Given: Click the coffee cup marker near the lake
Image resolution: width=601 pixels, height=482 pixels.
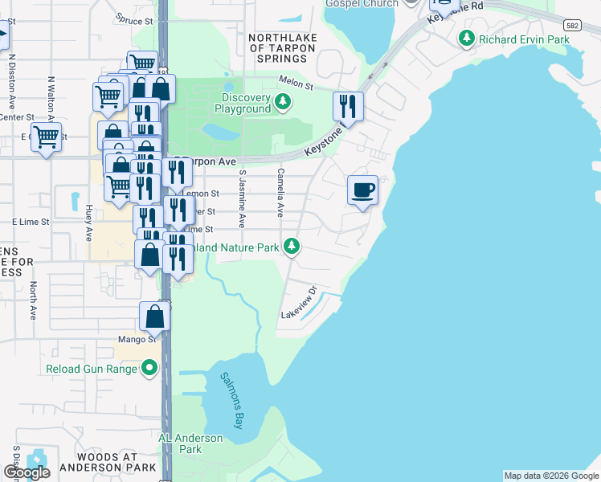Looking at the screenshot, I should click(x=362, y=190).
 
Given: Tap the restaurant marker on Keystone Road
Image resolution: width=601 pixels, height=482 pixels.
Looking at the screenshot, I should click(x=348, y=106).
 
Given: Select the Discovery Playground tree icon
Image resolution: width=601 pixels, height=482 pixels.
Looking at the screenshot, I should click(x=282, y=102).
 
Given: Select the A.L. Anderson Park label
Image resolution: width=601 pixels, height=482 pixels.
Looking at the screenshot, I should click(x=190, y=443).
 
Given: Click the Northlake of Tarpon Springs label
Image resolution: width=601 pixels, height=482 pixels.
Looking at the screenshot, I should click(x=281, y=48).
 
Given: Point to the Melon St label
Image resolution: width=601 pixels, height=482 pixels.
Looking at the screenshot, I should click(x=295, y=80).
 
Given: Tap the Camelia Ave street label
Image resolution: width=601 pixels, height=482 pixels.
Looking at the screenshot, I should click(x=281, y=194).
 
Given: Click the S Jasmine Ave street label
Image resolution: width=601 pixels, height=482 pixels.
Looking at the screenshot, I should click(x=240, y=199).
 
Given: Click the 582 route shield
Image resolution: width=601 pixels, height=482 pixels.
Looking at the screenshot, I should click(x=574, y=26).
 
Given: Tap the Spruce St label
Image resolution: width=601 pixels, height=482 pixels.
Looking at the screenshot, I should click(x=134, y=21).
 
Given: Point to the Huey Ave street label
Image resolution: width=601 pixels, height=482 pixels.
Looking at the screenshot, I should click(x=88, y=223).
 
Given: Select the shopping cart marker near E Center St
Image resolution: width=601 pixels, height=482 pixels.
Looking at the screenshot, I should click(x=46, y=137).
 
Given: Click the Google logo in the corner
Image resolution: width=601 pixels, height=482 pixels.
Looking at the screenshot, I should click(x=27, y=472).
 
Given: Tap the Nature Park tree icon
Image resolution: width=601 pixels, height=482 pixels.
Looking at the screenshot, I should click(x=293, y=247).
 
